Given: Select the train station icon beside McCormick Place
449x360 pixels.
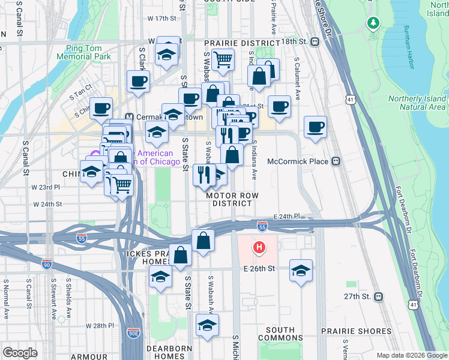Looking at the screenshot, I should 336,161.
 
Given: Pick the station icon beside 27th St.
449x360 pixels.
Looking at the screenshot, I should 379,296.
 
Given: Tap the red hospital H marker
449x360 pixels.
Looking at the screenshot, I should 259,247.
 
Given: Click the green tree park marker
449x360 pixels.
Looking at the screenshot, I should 374,23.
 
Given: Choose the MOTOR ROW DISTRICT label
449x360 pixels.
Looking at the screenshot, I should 229,199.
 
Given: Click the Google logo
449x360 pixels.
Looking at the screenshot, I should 21,353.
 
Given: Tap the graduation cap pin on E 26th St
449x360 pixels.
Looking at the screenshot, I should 301,269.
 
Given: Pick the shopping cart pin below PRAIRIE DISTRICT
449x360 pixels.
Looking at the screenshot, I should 223,59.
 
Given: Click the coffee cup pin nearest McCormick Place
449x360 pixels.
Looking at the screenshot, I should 315,127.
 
